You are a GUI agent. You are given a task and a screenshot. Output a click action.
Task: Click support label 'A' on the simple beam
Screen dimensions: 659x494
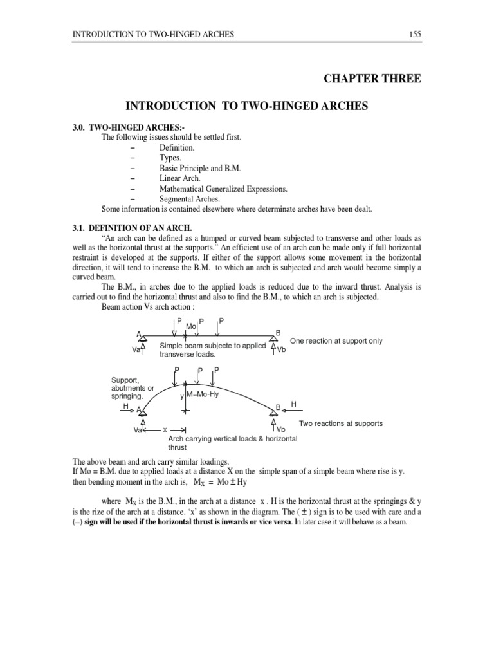coord(138,334)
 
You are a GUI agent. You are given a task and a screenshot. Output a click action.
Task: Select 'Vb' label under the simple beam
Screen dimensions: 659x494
coord(281,350)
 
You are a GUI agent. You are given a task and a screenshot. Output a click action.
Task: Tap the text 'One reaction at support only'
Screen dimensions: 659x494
coord(336,341)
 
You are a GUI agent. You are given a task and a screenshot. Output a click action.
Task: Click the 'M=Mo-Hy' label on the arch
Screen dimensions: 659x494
coord(202,394)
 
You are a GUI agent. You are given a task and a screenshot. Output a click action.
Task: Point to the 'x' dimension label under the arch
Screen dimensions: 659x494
coord(165,429)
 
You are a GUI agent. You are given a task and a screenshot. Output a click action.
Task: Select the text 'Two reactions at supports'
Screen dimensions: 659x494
coord(341,423)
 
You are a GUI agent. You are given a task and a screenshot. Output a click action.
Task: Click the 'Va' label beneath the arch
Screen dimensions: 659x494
coord(137,430)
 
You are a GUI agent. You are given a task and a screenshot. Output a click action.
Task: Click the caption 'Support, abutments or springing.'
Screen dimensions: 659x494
coord(133,388)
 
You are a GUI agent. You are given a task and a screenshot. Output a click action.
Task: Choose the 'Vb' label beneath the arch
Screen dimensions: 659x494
coord(281,429)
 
